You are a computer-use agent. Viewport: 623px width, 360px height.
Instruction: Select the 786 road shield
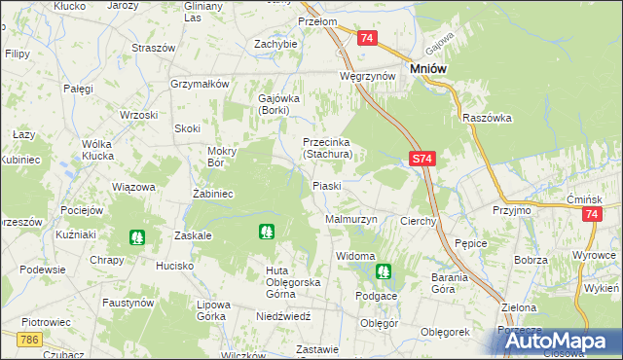(x=30, y=339)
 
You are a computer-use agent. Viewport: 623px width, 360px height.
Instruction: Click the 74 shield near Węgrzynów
(x=366, y=38)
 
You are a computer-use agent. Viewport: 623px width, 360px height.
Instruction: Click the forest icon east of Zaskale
(x=265, y=232)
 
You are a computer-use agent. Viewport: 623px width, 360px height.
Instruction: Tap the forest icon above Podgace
(x=383, y=270)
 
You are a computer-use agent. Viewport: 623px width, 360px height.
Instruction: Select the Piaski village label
(x=326, y=186)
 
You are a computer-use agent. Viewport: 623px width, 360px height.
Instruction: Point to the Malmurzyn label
(x=350, y=220)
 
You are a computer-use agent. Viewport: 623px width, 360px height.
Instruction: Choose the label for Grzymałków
(x=199, y=84)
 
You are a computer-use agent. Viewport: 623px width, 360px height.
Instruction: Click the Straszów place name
(x=153, y=47)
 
